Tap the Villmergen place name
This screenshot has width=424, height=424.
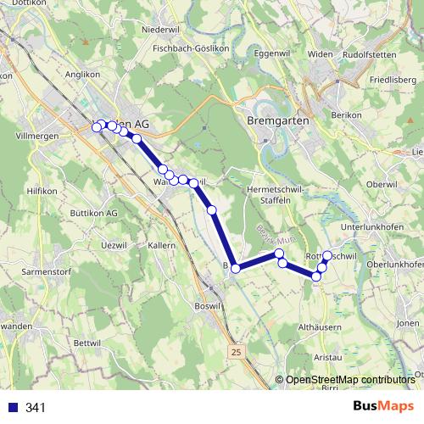tap(35, 135)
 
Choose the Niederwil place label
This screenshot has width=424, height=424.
tap(162, 29)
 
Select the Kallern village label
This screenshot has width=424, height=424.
tap(161, 245)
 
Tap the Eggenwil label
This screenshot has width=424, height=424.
tap(260, 53)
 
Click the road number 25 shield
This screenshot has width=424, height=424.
tap(234, 350)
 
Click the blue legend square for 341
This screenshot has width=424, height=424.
tap(11, 408)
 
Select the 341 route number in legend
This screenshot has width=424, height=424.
tap(36, 408)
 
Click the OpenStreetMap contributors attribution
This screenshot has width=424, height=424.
tap(349, 379)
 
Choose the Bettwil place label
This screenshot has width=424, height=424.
tap(87, 342)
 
